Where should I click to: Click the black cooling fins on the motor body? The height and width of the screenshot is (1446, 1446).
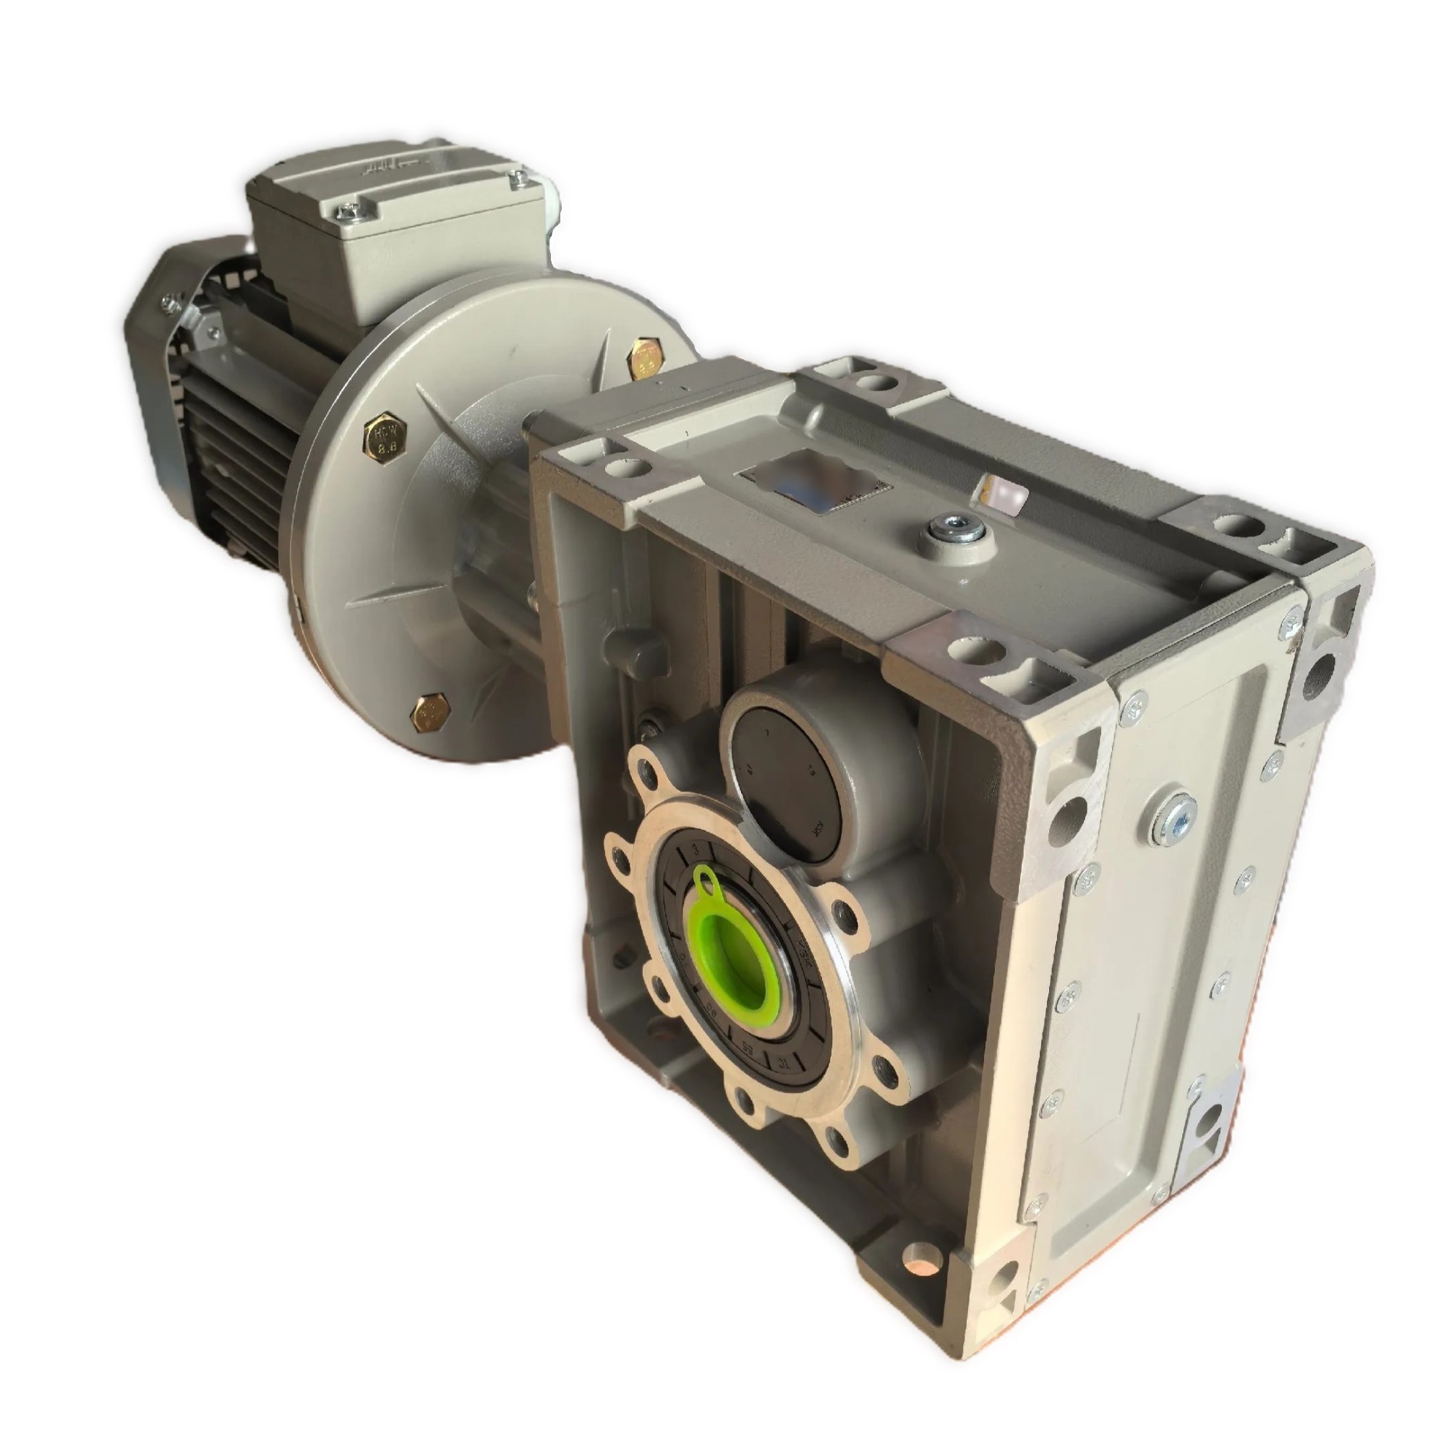pos(247,442)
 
